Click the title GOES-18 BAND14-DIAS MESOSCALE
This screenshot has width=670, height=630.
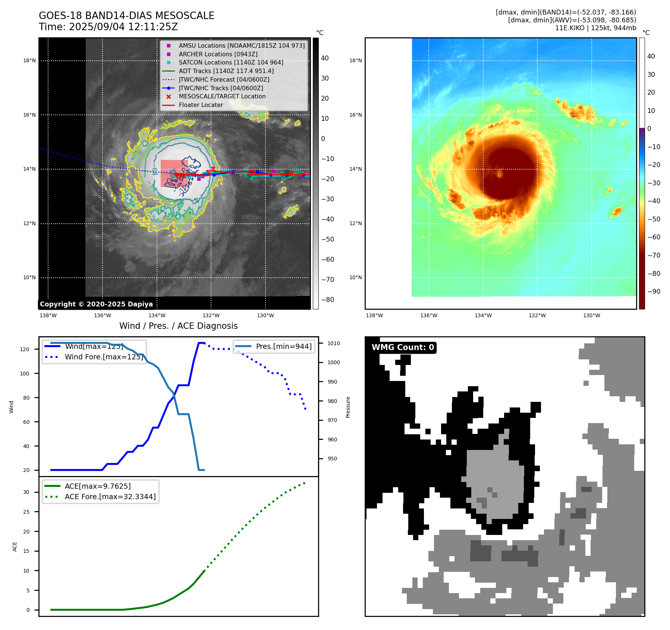[x=126, y=16]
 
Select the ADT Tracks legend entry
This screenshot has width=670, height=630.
[x=226, y=71]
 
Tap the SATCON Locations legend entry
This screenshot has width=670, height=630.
[x=231, y=63]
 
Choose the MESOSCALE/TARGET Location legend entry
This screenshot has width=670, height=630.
[x=222, y=96]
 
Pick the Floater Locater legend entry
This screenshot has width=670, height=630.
[x=201, y=105]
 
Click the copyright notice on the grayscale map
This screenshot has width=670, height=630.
[x=96, y=304]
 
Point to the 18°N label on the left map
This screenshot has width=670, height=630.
[x=29, y=60]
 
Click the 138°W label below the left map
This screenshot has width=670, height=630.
[x=48, y=315]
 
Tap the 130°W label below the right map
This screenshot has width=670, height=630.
[x=592, y=315]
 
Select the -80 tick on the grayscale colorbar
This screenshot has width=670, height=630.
[x=328, y=300]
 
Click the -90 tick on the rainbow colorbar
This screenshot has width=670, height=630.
[x=654, y=292]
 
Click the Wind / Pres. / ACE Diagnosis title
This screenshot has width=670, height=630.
[x=178, y=326]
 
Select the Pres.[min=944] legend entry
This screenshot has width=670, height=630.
[x=283, y=346]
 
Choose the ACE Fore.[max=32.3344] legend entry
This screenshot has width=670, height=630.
[x=110, y=497]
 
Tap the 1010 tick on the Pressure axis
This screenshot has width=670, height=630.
[x=334, y=343]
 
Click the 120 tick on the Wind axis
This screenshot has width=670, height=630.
[x=25, y=349]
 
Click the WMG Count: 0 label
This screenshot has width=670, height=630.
[x=403, y=347]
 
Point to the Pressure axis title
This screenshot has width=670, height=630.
[x=348, y=407]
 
